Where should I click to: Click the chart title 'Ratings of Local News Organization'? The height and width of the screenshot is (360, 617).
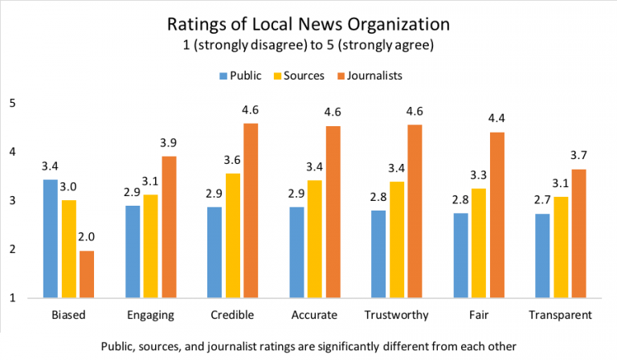click(x=308, y=23)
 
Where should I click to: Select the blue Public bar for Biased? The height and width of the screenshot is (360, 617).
click(x=50, y=239)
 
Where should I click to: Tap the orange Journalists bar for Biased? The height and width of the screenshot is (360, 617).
click(x=86, y=274)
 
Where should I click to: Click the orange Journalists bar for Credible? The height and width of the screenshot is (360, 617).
click(x=250, y=211)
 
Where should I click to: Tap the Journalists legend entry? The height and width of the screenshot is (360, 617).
click(x=370, y=76)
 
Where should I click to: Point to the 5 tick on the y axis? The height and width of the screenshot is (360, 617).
click(x=13, y=103)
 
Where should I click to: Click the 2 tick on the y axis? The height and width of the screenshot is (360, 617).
click(x=13, y=250)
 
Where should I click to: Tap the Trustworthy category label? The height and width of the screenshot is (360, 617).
click(x=395, y=314)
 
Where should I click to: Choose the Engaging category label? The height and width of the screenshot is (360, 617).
click(x=151, y=314)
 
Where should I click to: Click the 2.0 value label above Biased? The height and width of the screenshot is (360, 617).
click(x=86, y=237)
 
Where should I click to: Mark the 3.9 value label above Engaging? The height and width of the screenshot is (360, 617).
click(x=168, y=142)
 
